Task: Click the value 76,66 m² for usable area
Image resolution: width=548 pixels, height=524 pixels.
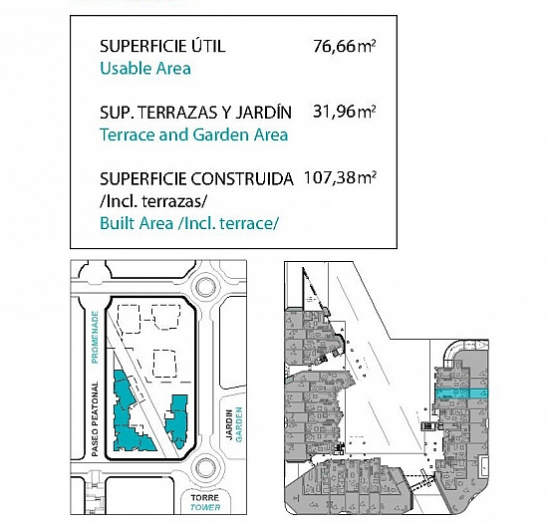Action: (x=345, y=46)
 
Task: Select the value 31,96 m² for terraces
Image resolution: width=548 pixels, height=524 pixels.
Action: (x=345, y=112)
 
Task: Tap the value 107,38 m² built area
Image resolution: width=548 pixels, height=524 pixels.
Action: (x=340, y=177)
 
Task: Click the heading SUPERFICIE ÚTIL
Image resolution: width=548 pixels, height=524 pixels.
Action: (x=162, y=46)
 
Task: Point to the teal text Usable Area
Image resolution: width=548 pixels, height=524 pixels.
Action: (x=145, y=69)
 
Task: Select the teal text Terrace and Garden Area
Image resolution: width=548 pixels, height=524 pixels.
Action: (x=194, y=134)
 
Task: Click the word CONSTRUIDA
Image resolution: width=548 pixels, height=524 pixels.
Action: (x=242, y=179)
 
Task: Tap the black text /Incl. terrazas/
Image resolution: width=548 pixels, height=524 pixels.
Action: (x=153, y=201)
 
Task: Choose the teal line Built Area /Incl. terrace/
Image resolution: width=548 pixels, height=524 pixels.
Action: (x=189, y=223)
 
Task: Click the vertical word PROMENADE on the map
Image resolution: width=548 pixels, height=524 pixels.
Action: (x=95, y=338)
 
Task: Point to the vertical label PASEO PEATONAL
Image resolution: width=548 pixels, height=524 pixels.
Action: (x=95, y=418)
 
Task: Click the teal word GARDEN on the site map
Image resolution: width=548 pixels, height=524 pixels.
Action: (x=239, y=424)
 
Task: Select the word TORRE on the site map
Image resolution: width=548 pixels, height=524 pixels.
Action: (x=205, y=497)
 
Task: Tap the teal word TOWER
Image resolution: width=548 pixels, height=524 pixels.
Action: (x=205, y=507)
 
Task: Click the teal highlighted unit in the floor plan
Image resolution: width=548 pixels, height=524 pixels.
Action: (x=461, y=393)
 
